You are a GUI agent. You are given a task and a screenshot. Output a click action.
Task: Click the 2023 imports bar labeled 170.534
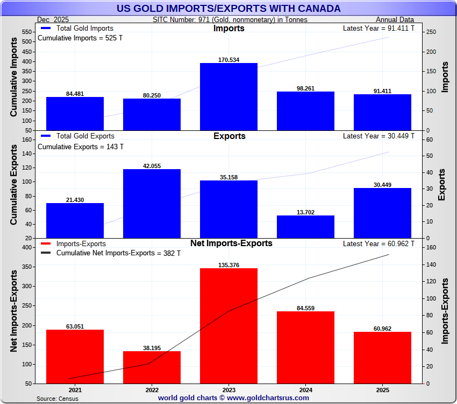pos(228,96)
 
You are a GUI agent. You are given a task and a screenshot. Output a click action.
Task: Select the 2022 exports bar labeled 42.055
pos(152,203)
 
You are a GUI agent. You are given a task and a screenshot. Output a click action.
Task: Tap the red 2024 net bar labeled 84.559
pos(305,347)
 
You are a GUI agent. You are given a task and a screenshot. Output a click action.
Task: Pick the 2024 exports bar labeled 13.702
pos(305,226)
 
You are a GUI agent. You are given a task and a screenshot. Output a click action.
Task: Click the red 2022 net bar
pos(152,367)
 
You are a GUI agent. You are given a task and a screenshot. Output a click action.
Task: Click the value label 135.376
pos(228,264)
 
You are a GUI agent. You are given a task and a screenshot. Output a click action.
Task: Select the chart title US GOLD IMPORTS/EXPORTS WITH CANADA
pos(228,8)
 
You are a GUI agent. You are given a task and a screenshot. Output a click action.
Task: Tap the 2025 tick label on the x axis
pos(382,390)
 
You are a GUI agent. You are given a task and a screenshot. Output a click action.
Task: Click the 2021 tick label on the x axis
pos(75,390)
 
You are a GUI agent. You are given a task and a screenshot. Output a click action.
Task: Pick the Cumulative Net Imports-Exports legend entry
pos(118,253)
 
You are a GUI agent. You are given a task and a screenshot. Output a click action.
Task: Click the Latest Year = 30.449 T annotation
pos(379,136)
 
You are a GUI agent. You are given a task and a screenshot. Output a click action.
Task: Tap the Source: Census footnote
pos(58,399)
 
